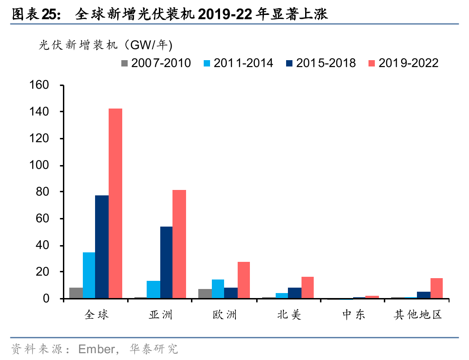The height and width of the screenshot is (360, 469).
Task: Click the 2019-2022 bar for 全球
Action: pos(115,204)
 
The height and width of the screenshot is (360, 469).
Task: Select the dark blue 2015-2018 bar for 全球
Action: pos(102,247)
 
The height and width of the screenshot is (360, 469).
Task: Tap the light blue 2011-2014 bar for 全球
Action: pos(89,275)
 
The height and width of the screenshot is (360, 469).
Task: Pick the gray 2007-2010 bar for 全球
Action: pos(76,293)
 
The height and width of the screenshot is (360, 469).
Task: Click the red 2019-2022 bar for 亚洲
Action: pos(179,244)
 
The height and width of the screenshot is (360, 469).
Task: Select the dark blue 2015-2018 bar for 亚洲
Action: pos(166,262)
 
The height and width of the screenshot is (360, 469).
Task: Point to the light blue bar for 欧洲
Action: pos(218,289)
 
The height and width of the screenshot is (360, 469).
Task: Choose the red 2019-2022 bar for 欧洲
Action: pos(244,280)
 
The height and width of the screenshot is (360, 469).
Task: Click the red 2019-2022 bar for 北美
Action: pos(307,288)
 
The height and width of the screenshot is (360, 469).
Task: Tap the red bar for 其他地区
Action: pos(436,288)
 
